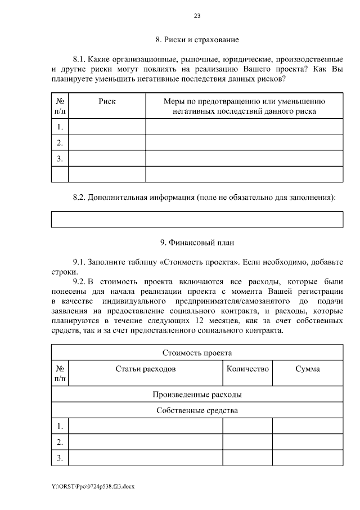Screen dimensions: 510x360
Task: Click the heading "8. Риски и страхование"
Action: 197,40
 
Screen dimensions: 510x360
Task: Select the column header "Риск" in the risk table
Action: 107,101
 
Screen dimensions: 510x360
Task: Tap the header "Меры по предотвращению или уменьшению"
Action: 244,101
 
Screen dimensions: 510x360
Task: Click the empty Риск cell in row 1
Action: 107,127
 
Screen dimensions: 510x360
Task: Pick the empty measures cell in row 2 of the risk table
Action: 244,142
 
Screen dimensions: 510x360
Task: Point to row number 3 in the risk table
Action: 60,159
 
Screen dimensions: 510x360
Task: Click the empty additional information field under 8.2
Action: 197,219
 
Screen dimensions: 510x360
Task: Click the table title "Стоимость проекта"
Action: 197,353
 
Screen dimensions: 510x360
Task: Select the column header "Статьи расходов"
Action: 145,369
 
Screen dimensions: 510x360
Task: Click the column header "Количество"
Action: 247,369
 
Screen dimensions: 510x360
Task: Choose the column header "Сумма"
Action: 307,369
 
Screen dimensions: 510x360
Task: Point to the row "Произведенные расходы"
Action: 197,394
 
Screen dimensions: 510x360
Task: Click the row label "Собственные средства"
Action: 197,410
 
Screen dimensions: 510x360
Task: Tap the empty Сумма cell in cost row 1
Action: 307,426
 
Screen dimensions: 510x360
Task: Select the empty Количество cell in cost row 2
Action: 247,442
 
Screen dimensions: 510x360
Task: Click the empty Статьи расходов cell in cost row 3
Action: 145,458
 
